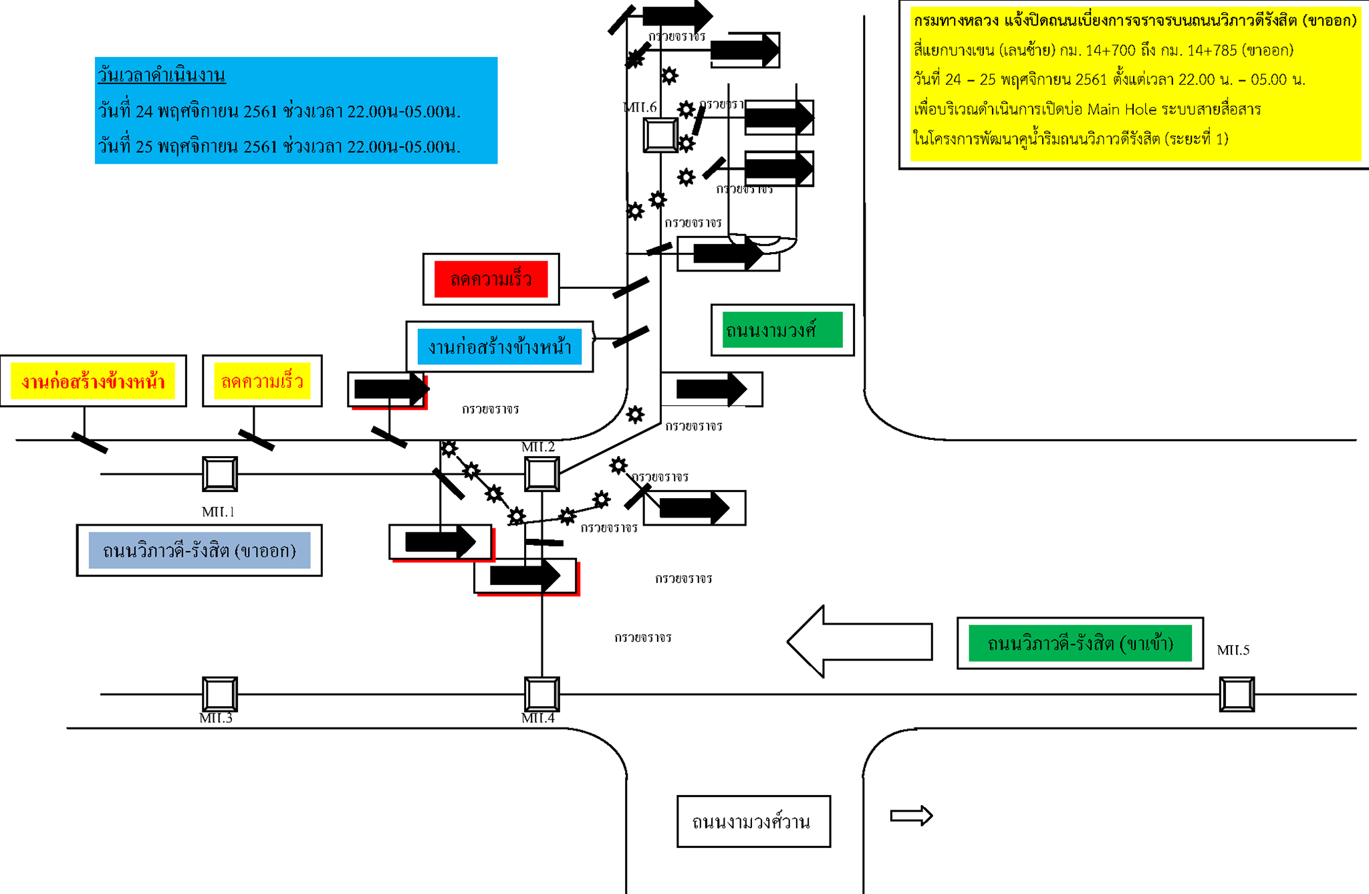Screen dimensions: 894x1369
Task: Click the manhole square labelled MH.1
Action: (220, 474)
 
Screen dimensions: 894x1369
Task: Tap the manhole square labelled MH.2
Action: (541, 474)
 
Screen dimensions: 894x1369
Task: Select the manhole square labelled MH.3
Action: (220, 694)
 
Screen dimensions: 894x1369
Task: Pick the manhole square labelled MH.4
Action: (541, 694)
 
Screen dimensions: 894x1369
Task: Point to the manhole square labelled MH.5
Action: (1237, 694)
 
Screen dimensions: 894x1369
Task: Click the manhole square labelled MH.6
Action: (660, 135)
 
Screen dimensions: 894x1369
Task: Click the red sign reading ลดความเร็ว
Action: (491, 280)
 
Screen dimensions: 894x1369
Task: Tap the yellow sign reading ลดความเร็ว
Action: (262, 381)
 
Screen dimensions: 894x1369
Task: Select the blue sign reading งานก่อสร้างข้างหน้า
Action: (499, 347)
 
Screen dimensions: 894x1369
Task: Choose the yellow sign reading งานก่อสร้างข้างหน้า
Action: (93, 381)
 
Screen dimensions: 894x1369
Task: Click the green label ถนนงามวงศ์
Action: (782, 330)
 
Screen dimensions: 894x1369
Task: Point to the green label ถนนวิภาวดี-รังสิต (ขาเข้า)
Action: (1080, 643)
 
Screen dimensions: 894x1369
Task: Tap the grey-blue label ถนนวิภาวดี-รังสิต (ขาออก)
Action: (199, 550)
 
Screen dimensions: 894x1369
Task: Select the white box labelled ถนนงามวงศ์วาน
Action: (753, 822)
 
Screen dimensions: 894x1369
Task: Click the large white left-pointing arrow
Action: (859, 642)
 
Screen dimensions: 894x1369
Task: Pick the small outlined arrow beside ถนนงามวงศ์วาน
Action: (911, 816)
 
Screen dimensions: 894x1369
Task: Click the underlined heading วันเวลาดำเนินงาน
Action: (162, 74)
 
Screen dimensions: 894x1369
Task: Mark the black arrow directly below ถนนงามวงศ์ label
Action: (711, 389)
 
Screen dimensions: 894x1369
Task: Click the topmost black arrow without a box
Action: (677, 15)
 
